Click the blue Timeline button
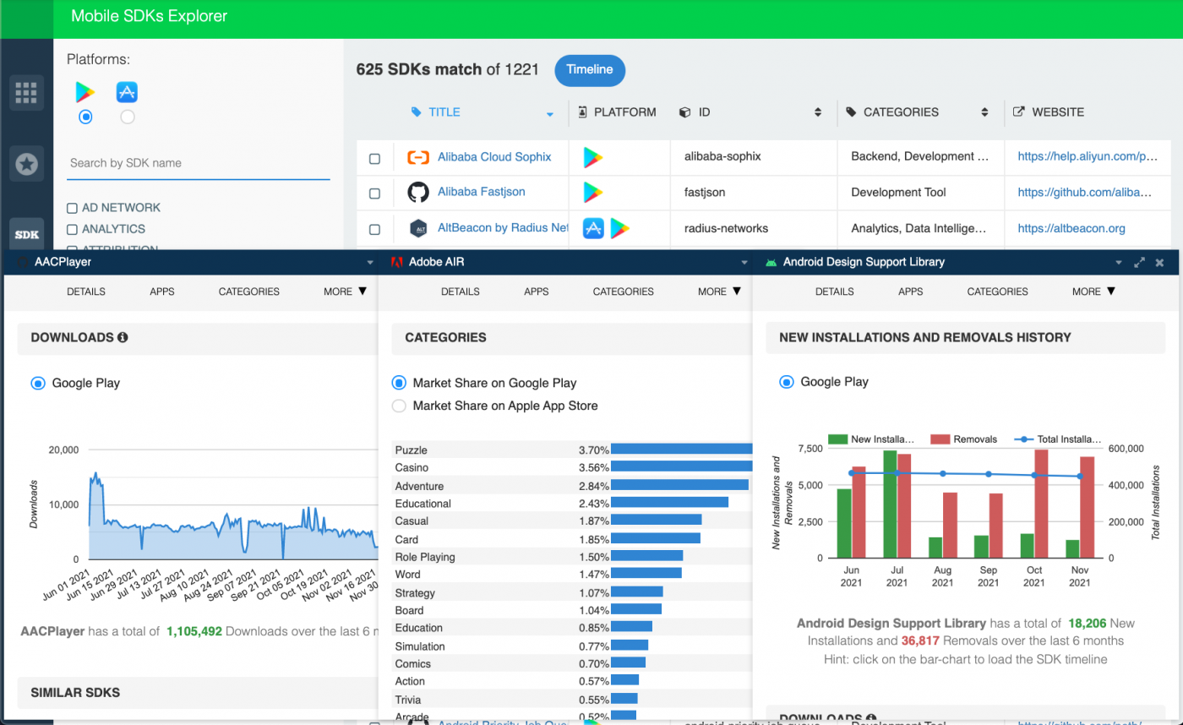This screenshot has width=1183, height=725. [x=589, y=70]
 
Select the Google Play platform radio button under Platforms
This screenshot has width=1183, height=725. [x=84, y=117]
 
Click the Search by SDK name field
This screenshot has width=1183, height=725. [x=198, y=163]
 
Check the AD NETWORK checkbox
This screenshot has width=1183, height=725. [x=72, y=208]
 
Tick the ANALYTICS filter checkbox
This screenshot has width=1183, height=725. [x=72, y=229]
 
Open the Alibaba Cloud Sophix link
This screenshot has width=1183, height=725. [x=493, y=157]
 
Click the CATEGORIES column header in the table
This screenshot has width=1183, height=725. [x=900, y=112]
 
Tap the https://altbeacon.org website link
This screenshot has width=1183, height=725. [x=1071, y=228]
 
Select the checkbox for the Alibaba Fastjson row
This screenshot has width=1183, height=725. [x=374, y=194]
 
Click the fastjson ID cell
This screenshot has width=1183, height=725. [x=704, y=193]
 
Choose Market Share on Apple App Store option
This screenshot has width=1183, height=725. [x=399, y=406]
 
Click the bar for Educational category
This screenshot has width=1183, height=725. [x=669, y=503]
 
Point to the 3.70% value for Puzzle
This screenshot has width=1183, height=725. [x=593, y=450]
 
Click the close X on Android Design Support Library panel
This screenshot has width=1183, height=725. [x=1159, y=263]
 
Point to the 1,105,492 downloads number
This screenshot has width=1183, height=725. [x=194, y=631]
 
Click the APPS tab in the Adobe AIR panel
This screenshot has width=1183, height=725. [x=536, y=292]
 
